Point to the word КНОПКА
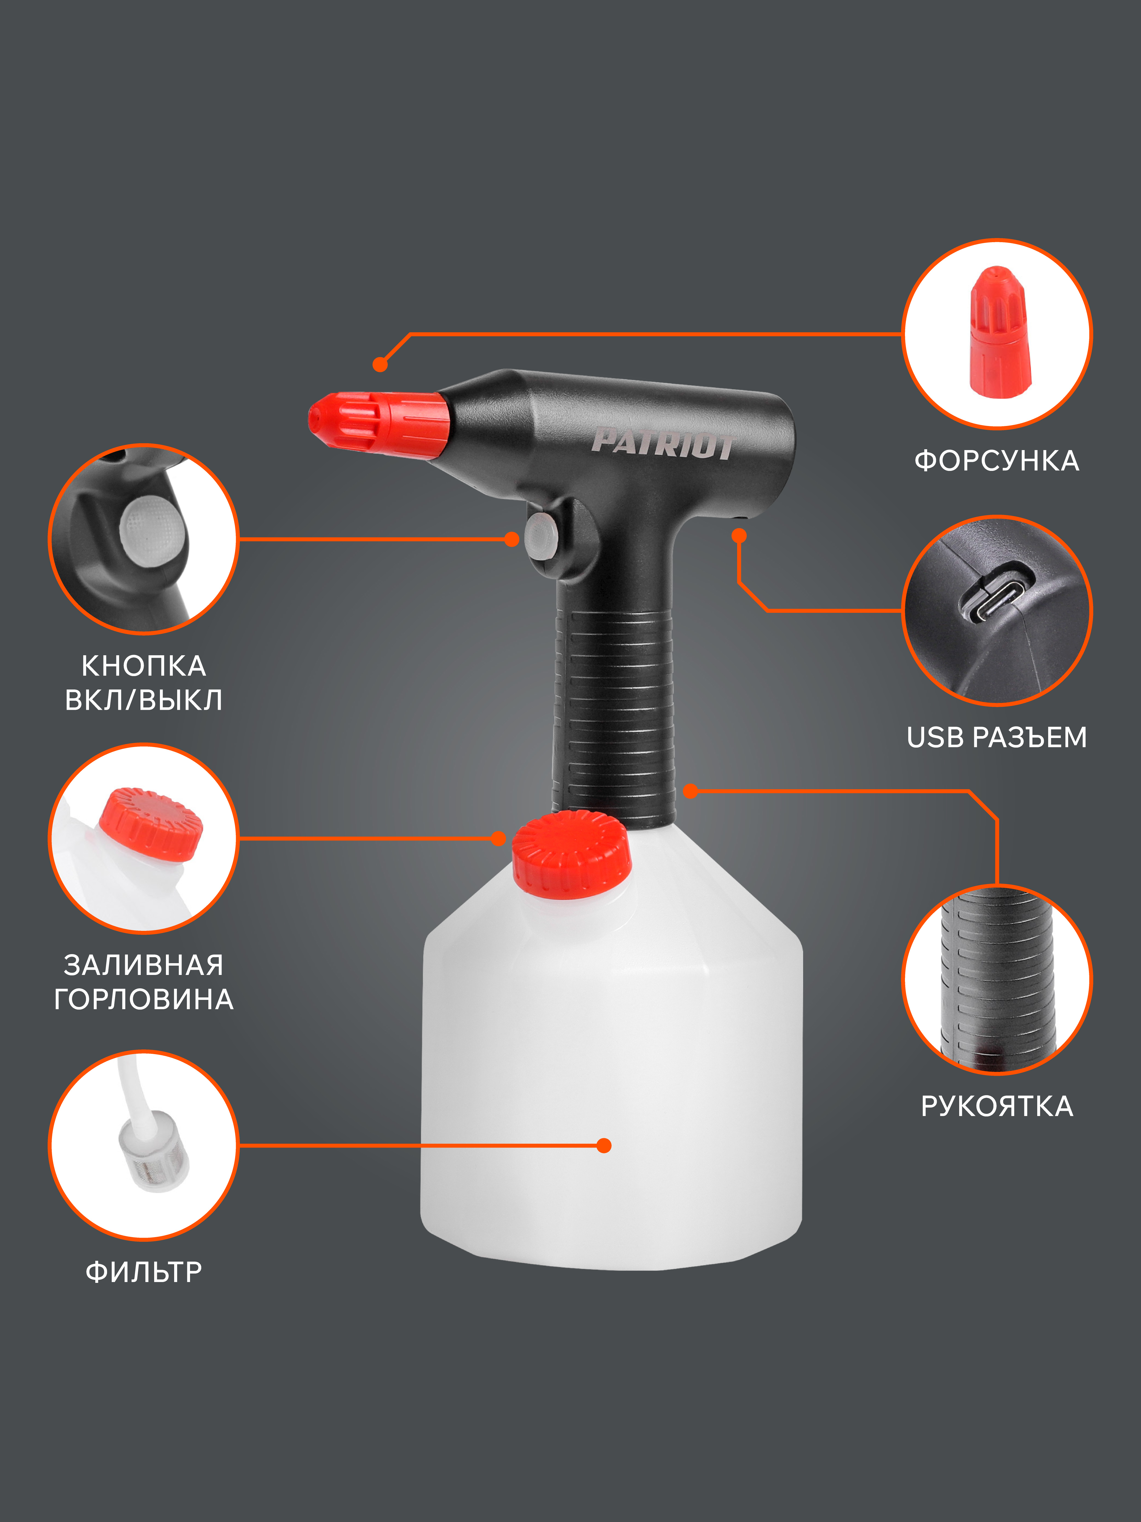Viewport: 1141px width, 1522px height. coord(144,665)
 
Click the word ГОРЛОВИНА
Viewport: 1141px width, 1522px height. coord(144,999)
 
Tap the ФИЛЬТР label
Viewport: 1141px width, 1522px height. coord(144,1272)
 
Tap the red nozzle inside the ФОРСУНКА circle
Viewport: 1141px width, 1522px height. coord(999,332)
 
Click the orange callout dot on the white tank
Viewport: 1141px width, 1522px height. coord(604,1146)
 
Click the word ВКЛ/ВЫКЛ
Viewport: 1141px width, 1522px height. coord(144,700)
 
